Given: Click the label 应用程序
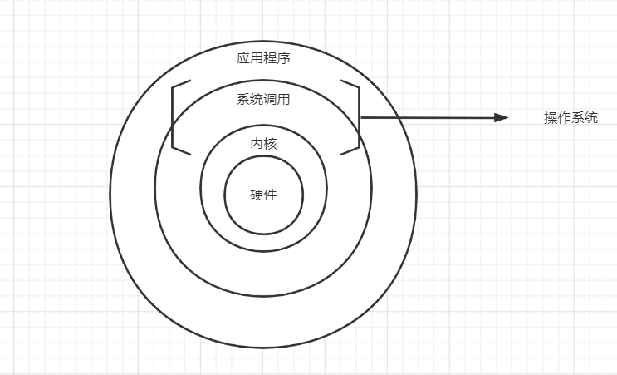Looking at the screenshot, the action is click(263, 58).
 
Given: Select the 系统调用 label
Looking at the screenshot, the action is click(263, 100).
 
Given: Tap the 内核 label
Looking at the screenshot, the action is click(263, 143).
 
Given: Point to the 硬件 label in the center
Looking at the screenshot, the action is click(263, 195).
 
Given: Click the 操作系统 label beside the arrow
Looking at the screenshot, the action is click(570, 118).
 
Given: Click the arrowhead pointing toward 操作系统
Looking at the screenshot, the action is click(502, 118).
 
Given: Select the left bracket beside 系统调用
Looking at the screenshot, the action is click(174, 117).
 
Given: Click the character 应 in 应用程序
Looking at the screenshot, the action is click(243, 58).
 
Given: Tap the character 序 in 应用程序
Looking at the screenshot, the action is click(283, 58).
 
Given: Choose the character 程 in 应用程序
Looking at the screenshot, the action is click(270, 58).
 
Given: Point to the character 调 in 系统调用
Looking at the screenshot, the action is click(270, 100).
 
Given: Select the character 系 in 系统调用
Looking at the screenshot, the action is click(243, 100).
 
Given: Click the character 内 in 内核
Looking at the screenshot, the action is click(257, 143).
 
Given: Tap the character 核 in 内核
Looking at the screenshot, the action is click(270, 143).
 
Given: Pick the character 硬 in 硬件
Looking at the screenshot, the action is click(257, 195).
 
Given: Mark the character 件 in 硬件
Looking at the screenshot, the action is click(270, 195).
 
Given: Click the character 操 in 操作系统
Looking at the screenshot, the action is click(551, 118).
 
